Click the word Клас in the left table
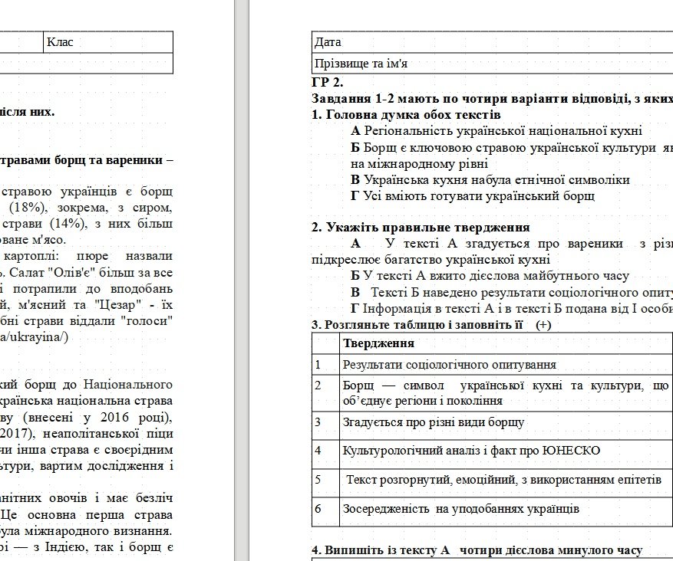click(60, 42)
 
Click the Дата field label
click(328, 42)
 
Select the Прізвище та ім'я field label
click(361, 63)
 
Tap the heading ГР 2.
click(328, 83)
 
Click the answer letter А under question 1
click(355, 131)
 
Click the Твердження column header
click(378, 343)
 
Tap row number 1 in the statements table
click(318, 365)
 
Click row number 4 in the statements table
click(318, 449)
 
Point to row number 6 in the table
click(318, 508)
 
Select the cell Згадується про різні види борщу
click(434, 422)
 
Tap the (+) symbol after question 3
click(544, 324)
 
